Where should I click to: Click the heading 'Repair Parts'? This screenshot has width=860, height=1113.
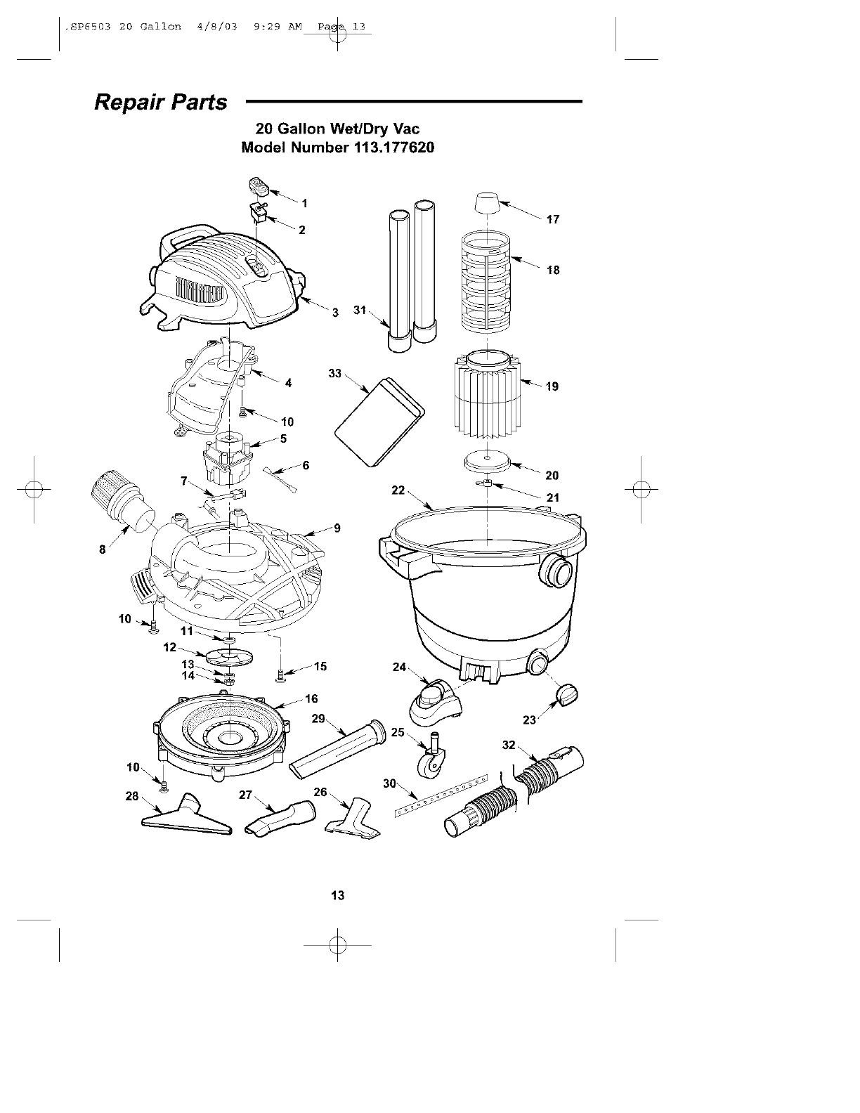(161, 103)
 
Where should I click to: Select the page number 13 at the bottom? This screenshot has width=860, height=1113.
(337, 895)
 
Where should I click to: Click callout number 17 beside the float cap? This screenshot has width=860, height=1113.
(553, 219)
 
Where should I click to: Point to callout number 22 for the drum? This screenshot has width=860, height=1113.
(398, 490)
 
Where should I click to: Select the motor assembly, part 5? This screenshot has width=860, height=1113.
(228, 457)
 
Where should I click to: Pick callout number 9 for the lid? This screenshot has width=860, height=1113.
(337, 528)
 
